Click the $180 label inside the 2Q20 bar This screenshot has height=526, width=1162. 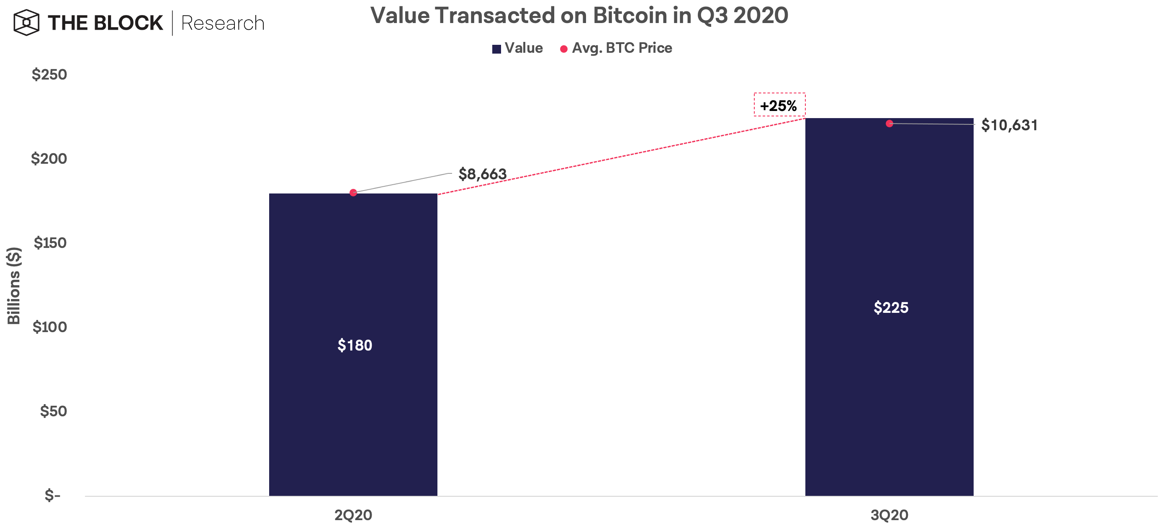click(355, 345)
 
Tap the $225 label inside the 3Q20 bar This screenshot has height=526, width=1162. click(890, 307)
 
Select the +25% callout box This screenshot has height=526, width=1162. click(779, 105)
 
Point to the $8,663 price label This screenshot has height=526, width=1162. click(482, 174)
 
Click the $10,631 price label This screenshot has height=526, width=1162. click(1009, 125)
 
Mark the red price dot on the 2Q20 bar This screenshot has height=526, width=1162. click(353, 193)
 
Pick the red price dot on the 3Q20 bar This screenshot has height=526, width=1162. click(889, 124)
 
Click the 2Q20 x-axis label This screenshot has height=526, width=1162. click(353, 515)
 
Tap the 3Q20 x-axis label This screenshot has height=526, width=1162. click(889, 515)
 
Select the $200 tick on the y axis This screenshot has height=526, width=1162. click(49, 158)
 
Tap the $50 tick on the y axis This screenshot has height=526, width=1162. click(53, 411)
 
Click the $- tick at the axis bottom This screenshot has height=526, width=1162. click(52, 495)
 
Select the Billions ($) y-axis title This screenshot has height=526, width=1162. click(13, 286)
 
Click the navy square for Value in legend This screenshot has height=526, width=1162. click(496, 49)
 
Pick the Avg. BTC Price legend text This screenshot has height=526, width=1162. click(622, 48)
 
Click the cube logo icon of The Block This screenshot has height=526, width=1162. click(26, 23)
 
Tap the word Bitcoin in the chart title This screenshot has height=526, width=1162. click(630, 15)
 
